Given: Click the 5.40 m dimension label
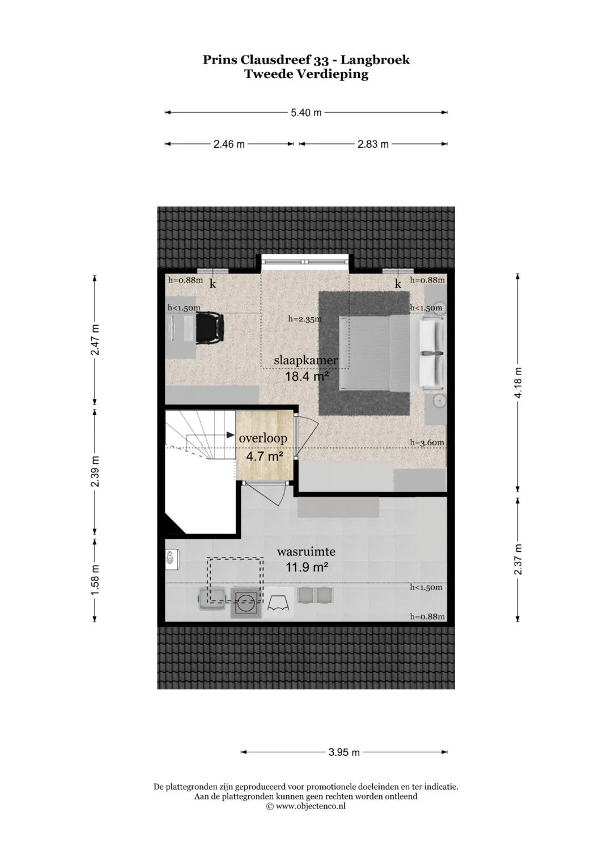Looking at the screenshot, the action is tap(306, 112).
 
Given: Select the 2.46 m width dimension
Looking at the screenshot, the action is tap(229, 144).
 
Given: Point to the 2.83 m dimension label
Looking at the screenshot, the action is tap(373, 144).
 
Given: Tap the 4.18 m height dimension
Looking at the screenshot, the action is tap(518, 382).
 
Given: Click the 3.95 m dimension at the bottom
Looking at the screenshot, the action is tap(344, 752).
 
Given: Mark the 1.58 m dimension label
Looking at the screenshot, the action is tap(95, 579).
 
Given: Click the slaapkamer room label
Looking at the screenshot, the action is tap(305, 361).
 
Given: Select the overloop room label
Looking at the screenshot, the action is tap(263, 438).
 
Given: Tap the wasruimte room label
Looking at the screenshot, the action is tap(306, 551).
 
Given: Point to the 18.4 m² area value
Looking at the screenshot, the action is tap(307, 376).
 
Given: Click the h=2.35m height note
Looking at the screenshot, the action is tap(305, 319).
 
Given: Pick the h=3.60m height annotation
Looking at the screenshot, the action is tap(427, 442).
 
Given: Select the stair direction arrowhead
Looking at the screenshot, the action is tap(231, 435).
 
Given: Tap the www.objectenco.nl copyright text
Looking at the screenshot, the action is tap(306, 806).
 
